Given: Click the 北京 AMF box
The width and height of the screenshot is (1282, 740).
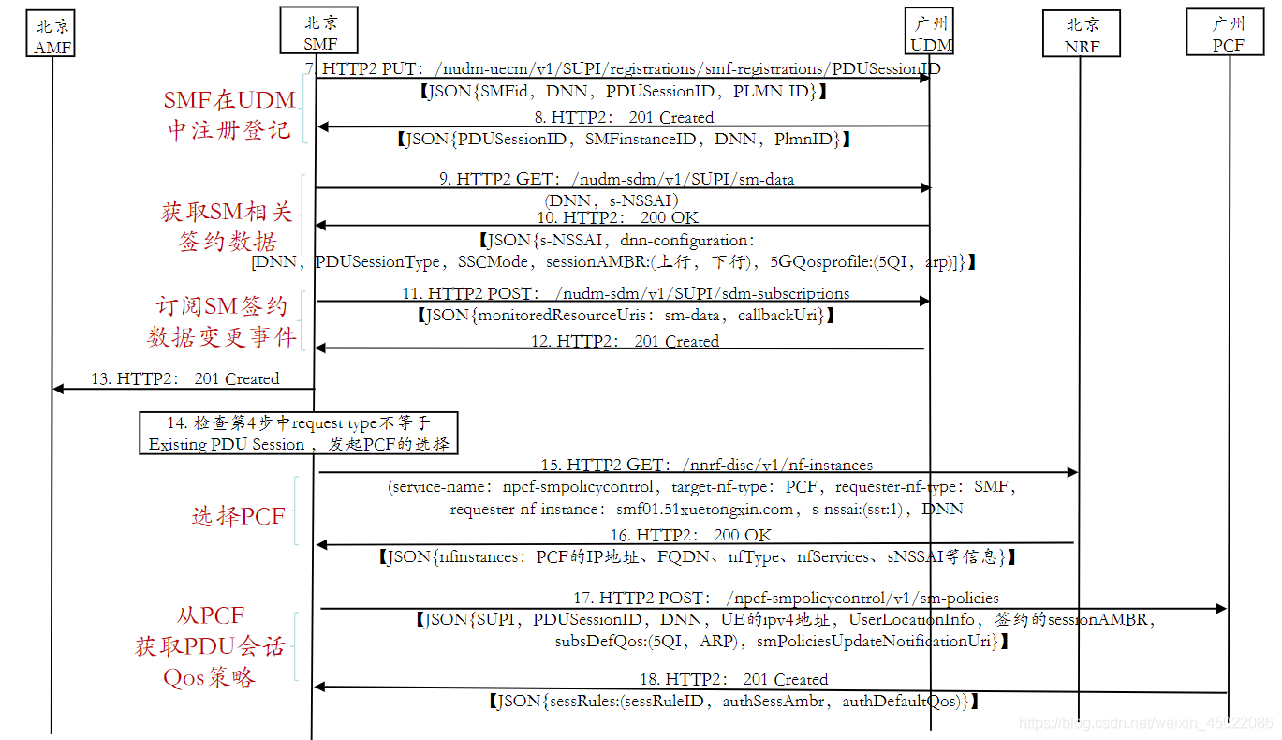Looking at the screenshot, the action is click(51, 33).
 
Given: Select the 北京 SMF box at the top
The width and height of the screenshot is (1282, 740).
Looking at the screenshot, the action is click(318, 30).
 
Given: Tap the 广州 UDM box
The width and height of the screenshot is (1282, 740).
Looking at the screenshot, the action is click(929, 31).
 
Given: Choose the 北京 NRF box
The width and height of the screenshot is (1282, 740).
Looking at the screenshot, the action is click(1081, 33).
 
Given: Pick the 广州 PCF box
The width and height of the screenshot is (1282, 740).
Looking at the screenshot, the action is click(1225, 32).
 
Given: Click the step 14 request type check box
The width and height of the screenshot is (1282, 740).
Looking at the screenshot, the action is click(298, 434).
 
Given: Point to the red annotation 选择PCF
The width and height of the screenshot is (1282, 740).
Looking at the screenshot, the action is click(238, 516).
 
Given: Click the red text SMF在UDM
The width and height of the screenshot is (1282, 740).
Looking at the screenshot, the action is click(229, 100).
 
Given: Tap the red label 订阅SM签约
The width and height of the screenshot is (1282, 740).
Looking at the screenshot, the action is click(222, 306).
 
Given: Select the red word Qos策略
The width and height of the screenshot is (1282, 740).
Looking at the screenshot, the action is click(209, 677).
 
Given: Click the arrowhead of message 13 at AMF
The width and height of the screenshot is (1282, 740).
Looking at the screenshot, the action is click(58, 389).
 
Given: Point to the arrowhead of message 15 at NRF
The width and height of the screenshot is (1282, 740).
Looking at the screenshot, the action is click(1072, 472).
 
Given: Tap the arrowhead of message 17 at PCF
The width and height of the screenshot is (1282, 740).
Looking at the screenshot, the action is click(1221, 608).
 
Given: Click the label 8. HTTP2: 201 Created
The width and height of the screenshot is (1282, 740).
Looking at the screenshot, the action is click(624, 117).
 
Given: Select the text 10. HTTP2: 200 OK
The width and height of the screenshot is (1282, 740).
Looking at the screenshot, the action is click(617, 217).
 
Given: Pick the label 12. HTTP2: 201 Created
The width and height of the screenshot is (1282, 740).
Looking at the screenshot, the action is click(625, 341).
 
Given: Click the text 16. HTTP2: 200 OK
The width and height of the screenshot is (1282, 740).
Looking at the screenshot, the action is click(691, 535).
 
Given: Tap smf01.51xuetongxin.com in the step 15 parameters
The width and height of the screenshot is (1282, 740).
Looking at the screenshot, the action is click(704, 509).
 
